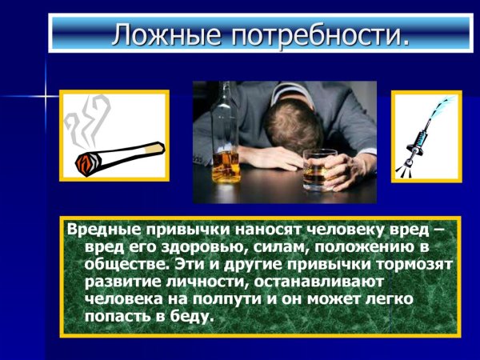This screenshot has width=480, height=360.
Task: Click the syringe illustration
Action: pyautogui.click(x=425, y=135)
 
